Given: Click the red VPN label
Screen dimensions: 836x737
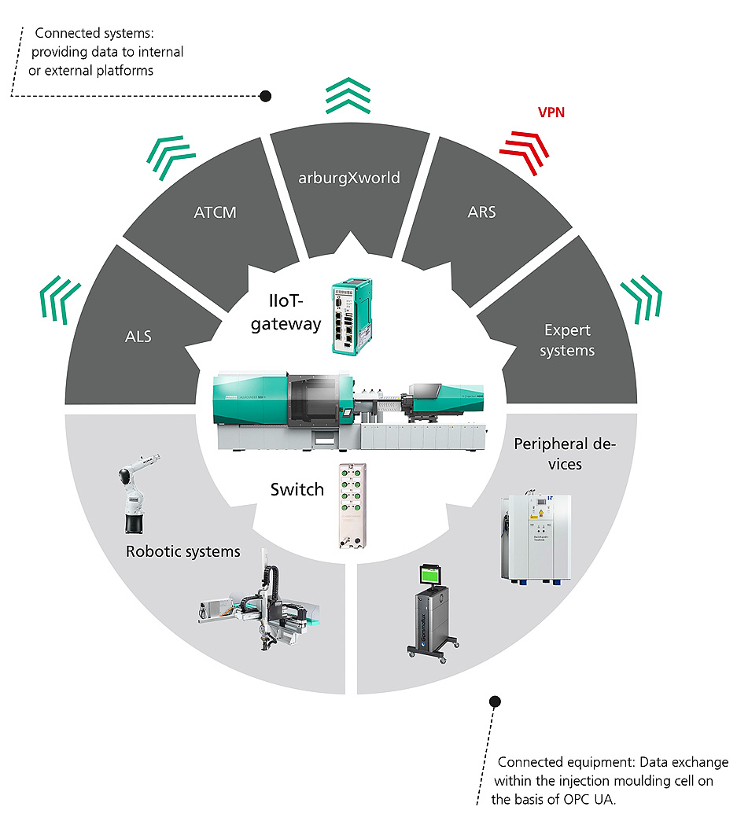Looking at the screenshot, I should click(x=551, y=112).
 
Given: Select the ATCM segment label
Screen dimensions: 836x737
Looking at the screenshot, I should click(x=215, y=212).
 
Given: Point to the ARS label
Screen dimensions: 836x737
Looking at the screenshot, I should click(x=481, y=212).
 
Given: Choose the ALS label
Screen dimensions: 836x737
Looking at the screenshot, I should click(x=138, y=337).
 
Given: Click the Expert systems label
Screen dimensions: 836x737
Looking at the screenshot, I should click(x=567, y=340).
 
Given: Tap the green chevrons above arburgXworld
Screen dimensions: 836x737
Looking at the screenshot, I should click(x=348, y=96).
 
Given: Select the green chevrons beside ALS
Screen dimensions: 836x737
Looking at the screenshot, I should click(x=61, y=300).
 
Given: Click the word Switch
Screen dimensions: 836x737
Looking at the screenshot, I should click(x=297, y=489).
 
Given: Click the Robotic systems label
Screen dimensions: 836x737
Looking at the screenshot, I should click(x=182, y=551).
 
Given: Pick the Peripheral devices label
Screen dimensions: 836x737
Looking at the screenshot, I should click(x=564, y=454).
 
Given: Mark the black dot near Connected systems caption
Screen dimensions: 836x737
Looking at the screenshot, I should click(x=266, y=96).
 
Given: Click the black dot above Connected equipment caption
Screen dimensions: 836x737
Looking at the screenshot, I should click(x=495, y=701).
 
